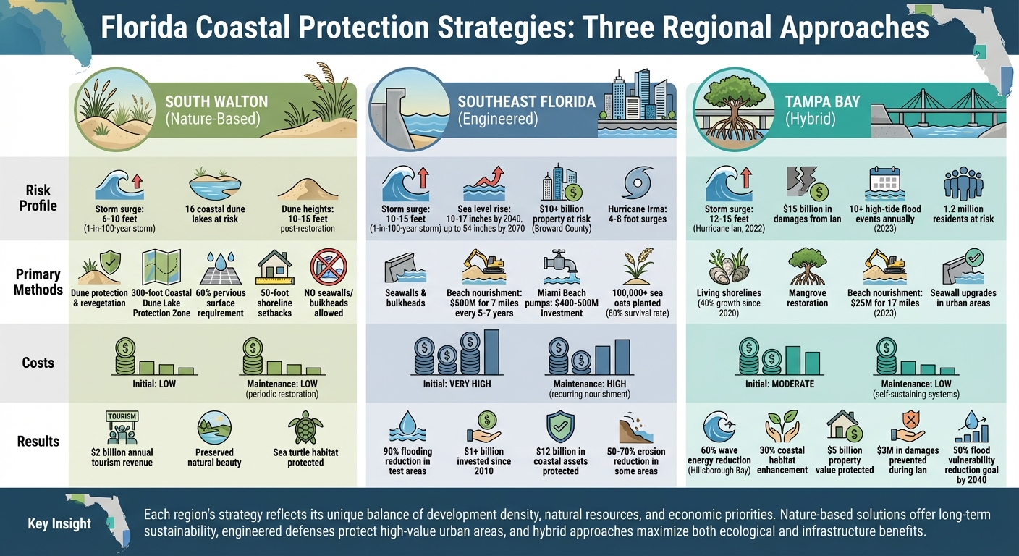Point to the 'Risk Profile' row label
[x=38, y=198]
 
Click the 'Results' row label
[x=38, y=441]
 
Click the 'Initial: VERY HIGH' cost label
[x=457, y=384]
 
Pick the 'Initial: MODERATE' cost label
[x=779, y=384]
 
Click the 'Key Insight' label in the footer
[x=59, y=523]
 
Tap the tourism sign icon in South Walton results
[x=122, y=426]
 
